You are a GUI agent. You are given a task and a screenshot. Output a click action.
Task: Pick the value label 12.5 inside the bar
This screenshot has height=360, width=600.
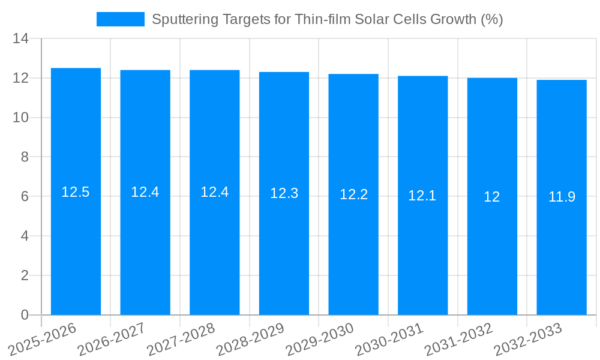click(76, 192)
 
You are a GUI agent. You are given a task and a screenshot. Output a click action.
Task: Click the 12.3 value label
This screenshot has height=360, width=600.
click(284, 193)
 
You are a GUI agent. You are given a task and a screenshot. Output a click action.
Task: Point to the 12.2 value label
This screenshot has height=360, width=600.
click(353, 194)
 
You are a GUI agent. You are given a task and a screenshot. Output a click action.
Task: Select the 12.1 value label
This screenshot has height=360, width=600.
click(422, 196)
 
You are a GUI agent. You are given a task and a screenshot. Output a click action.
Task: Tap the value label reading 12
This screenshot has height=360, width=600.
click(492, 197)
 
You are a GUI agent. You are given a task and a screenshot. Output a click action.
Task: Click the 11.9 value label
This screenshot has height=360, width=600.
click(562, 197)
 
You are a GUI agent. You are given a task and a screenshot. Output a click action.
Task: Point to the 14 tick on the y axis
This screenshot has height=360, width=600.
click(21, 39)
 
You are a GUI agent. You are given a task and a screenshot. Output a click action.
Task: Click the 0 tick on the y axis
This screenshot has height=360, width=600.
click(25, 315)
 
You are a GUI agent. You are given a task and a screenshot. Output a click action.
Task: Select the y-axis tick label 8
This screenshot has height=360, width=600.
click(25, 157)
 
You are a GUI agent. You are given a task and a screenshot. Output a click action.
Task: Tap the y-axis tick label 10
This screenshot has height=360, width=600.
click(21, 118)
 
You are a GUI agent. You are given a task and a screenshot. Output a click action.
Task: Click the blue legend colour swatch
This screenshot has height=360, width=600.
click(121, 19)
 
